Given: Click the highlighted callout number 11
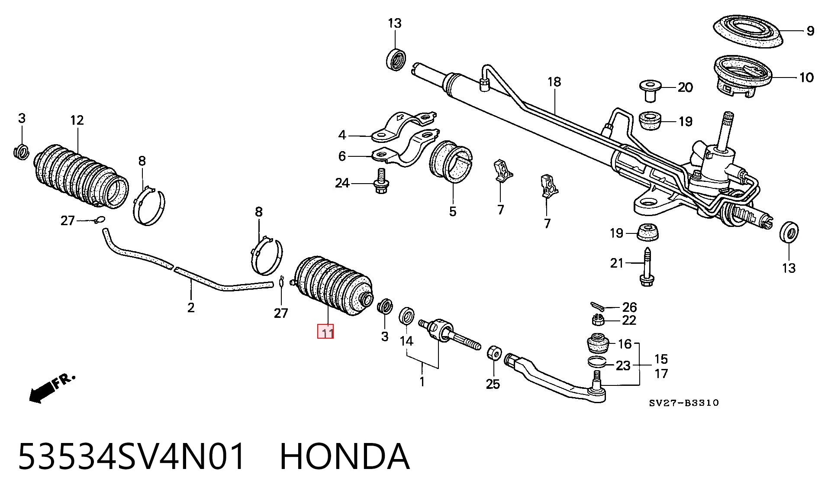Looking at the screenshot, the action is tap(325, 332).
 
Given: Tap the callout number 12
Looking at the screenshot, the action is tap(77, 120).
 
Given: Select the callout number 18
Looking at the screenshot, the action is tap(554, 82).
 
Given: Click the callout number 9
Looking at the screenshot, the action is tap(810, 31).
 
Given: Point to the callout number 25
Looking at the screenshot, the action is tap(493, 384).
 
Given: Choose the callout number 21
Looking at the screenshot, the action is tap(616, 263).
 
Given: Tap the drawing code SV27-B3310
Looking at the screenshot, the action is tap(684, 403).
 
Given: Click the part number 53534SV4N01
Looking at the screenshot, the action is tap(132, 457).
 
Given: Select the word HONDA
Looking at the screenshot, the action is tap(345, 457).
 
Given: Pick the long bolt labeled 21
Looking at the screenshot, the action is tap(647, 267).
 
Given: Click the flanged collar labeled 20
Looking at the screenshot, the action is tap(650, 90).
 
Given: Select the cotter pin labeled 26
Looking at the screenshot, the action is tap(596, 306).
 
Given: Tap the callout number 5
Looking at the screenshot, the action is tap(452, 212).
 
